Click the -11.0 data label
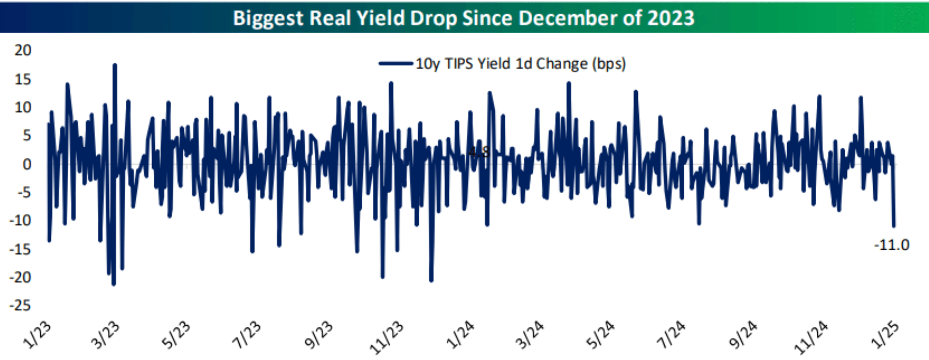point(892,245)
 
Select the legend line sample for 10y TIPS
point(396,64)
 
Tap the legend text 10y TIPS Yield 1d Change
point(521,64)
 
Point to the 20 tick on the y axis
point(23,50)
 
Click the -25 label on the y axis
point(20,305)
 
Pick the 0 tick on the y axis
point(27,164)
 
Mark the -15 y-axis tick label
point(20,249)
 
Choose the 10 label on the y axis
point(23,107)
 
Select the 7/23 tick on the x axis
point(247,335)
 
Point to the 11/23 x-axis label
point(386,337)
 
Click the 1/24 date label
point(460,335)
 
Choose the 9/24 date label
point(743,335)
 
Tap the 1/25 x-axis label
point(885,335)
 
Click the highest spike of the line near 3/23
point(115,65)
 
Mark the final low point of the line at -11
point(894,226)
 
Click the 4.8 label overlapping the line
point(479,152)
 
